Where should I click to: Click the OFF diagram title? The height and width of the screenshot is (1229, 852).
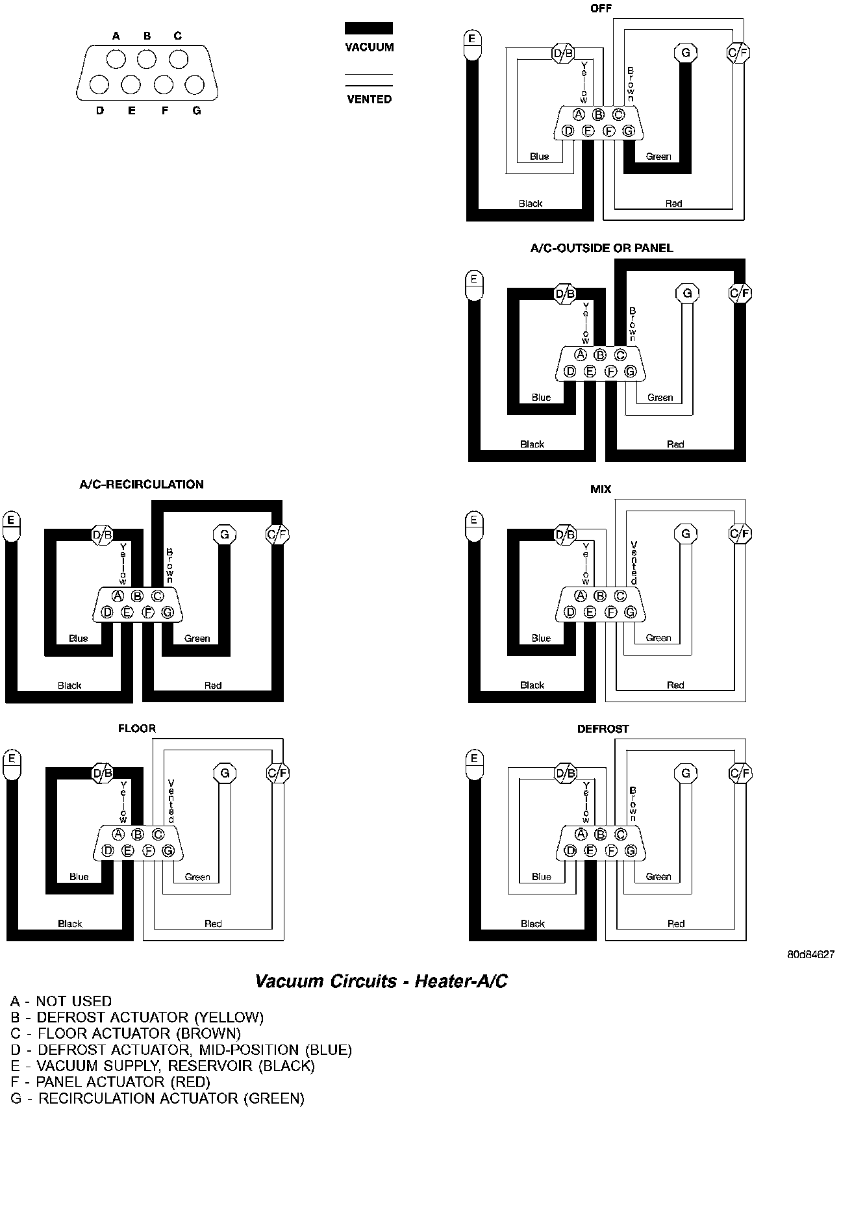click(601, 8)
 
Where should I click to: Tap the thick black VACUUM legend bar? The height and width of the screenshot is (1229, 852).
click(368, 28)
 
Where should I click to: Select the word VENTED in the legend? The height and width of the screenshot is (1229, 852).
click(369, 99)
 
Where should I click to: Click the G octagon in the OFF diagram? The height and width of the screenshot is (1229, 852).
click(685, 52)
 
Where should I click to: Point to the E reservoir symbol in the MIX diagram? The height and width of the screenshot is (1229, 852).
click(474, 526)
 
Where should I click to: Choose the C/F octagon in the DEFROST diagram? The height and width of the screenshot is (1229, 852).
click(739, 773)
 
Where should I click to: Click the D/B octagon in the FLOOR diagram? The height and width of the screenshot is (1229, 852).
click(103, 773)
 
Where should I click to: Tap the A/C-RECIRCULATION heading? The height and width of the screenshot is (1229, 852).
click(142, 485)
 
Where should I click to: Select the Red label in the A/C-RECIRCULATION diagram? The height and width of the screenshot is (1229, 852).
click(213, 685)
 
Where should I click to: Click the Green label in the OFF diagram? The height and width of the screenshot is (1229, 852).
click(658, 157)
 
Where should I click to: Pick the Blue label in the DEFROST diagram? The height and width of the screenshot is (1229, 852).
click(541, 877)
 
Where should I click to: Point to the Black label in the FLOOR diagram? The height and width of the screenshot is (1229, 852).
click(70, 924)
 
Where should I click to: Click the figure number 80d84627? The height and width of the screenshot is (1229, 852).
click(810, 955)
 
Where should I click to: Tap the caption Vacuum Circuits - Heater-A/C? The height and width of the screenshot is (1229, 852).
click(381, 981)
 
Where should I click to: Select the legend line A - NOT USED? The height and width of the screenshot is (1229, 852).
click(61, 1002)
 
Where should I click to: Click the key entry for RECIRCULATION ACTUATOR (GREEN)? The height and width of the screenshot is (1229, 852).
click(158, 1098)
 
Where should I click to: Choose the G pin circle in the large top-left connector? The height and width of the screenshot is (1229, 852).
click(194, 85)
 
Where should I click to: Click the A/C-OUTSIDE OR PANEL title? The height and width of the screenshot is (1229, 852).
click(601, 248)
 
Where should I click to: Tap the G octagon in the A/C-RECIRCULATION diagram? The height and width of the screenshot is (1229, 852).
click(224, 535)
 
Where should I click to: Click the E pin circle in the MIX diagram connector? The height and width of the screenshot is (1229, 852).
click(590, 612)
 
